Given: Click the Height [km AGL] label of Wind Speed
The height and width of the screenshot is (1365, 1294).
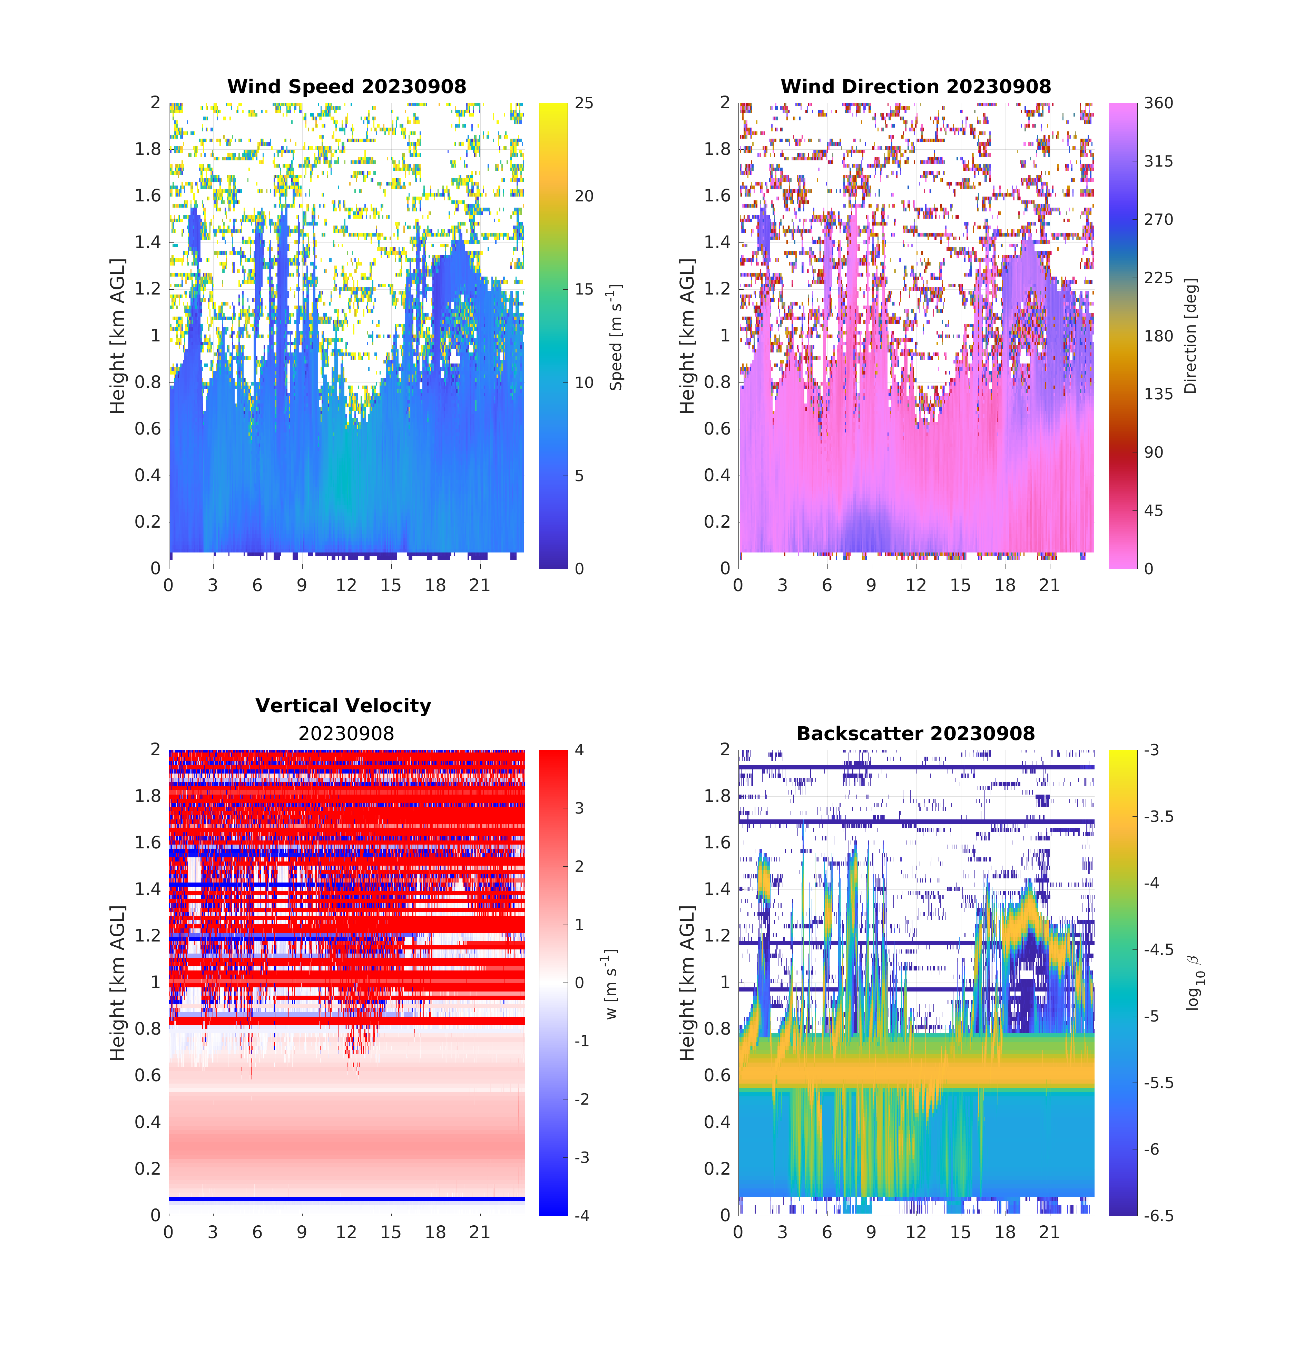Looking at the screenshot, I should coord(118,337).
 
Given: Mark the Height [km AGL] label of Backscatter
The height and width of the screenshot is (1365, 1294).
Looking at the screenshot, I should coord(687,983).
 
